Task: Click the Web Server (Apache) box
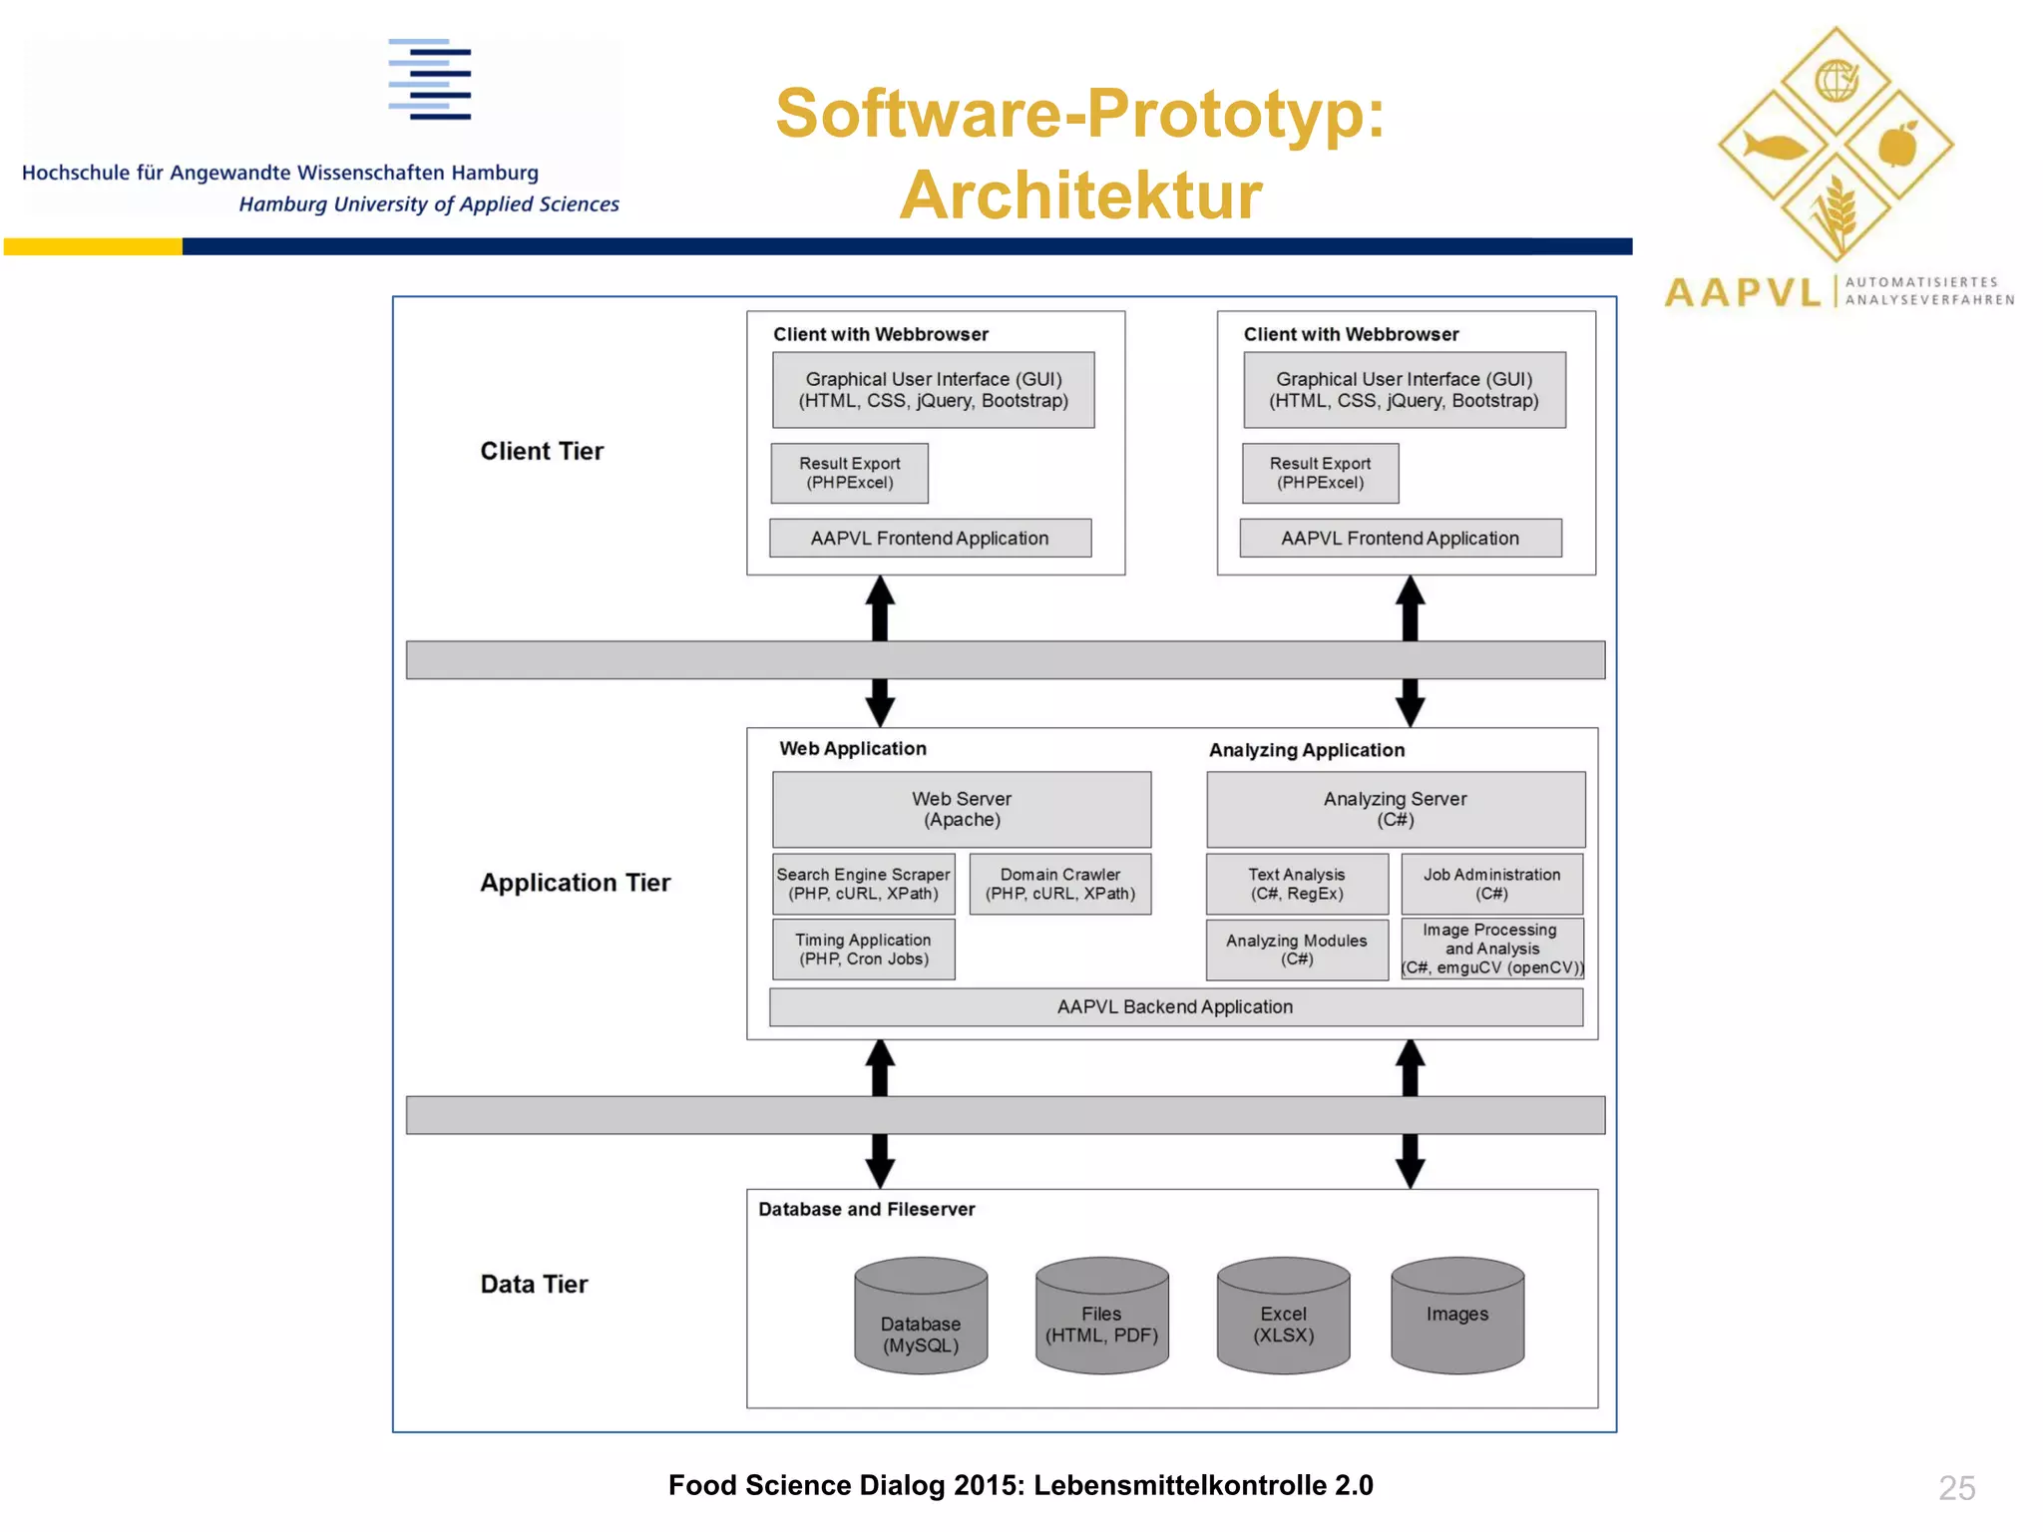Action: pos(961,809)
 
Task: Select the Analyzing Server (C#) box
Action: pos(1395,809)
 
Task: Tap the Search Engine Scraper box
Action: pos(863,884)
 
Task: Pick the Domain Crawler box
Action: pos(1059,884)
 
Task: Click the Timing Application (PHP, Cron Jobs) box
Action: pos(863,950)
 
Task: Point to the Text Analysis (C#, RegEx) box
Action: pos(1296,884)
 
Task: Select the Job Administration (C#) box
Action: pos(1491,884)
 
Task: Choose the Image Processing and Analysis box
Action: pos(1491,949)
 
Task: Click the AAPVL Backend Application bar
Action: pos(1175,1007)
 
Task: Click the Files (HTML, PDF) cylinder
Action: pos(1101,1322)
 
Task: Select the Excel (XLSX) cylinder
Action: pos(1283,1322)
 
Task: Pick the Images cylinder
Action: pos(1456,1317)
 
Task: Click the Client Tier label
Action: pos(542,452)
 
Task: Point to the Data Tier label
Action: pos(534,1285)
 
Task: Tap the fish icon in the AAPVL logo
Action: pos(1773,147)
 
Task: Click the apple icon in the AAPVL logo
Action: pos(1897,147)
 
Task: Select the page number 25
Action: pos(1956,1488)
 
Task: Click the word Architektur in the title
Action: pos(1080,195)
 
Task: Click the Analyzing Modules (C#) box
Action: pos(1296,950)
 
